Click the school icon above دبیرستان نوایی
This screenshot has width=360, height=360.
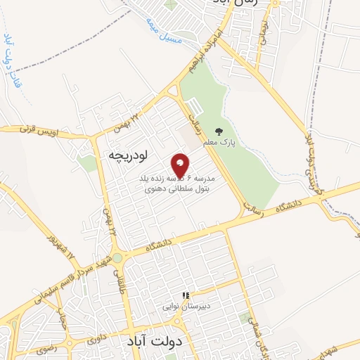[x=185, y=295]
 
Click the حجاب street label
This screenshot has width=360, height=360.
[x=61, y=320]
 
